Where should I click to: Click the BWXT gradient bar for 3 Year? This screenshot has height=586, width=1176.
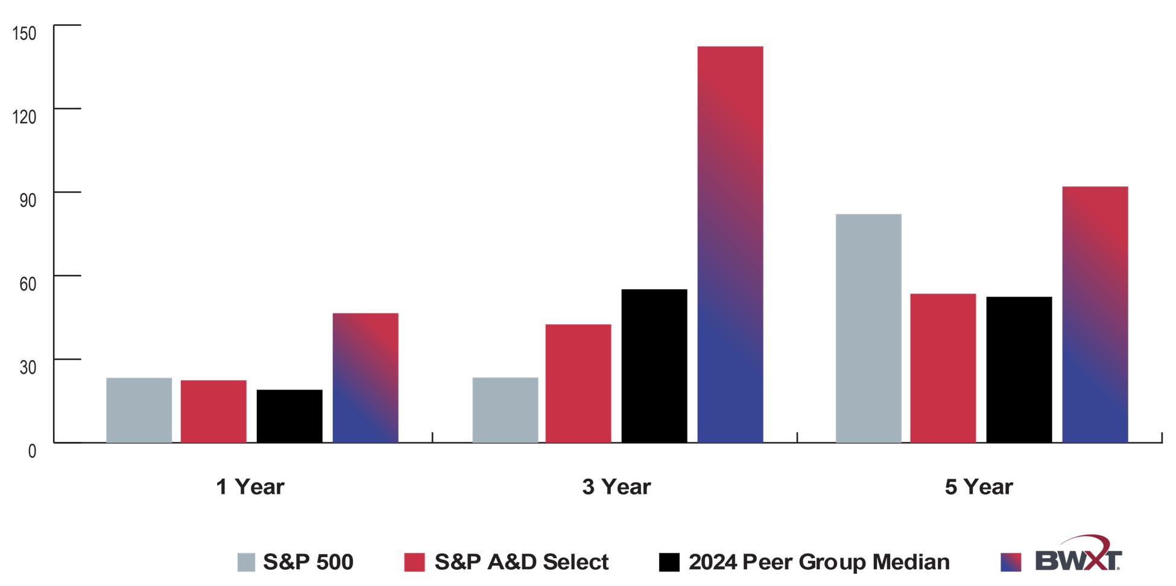[x=730, y=244]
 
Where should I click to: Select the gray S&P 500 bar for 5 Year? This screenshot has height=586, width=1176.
[x=868, y=329]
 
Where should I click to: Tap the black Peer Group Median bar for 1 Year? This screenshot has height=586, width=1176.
[x=289, y=416]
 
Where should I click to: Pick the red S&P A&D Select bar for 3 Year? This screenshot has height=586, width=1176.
[x=578, y=383]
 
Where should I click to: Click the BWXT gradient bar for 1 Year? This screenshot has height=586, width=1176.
[x=365, y=378]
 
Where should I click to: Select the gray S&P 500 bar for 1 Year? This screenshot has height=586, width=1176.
[x=139, y=410]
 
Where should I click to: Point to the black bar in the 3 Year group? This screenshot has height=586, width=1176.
[x=654, y=366]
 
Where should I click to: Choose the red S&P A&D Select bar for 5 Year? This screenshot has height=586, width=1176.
[x=943, y=368]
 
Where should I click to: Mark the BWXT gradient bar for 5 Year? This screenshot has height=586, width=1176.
[x=1095, y=315]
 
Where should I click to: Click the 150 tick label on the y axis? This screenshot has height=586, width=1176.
[x=25, y=34]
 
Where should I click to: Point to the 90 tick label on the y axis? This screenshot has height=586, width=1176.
[x=28, y=201]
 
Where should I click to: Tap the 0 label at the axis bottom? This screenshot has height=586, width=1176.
[x=32, y=451]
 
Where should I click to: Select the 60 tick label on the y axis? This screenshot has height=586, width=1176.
[x=28, y=284]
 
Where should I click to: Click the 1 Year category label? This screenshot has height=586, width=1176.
[x=250, y=487]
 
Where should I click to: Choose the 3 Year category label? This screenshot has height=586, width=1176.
[x=616, y=487]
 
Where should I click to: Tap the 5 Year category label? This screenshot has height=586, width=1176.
[x=978, y=487]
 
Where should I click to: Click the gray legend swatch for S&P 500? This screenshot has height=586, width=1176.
[x=246, y=562]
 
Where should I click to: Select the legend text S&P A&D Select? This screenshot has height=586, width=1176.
[x=521, y=562]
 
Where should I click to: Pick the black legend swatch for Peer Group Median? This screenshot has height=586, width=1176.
[x=669, y=562]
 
